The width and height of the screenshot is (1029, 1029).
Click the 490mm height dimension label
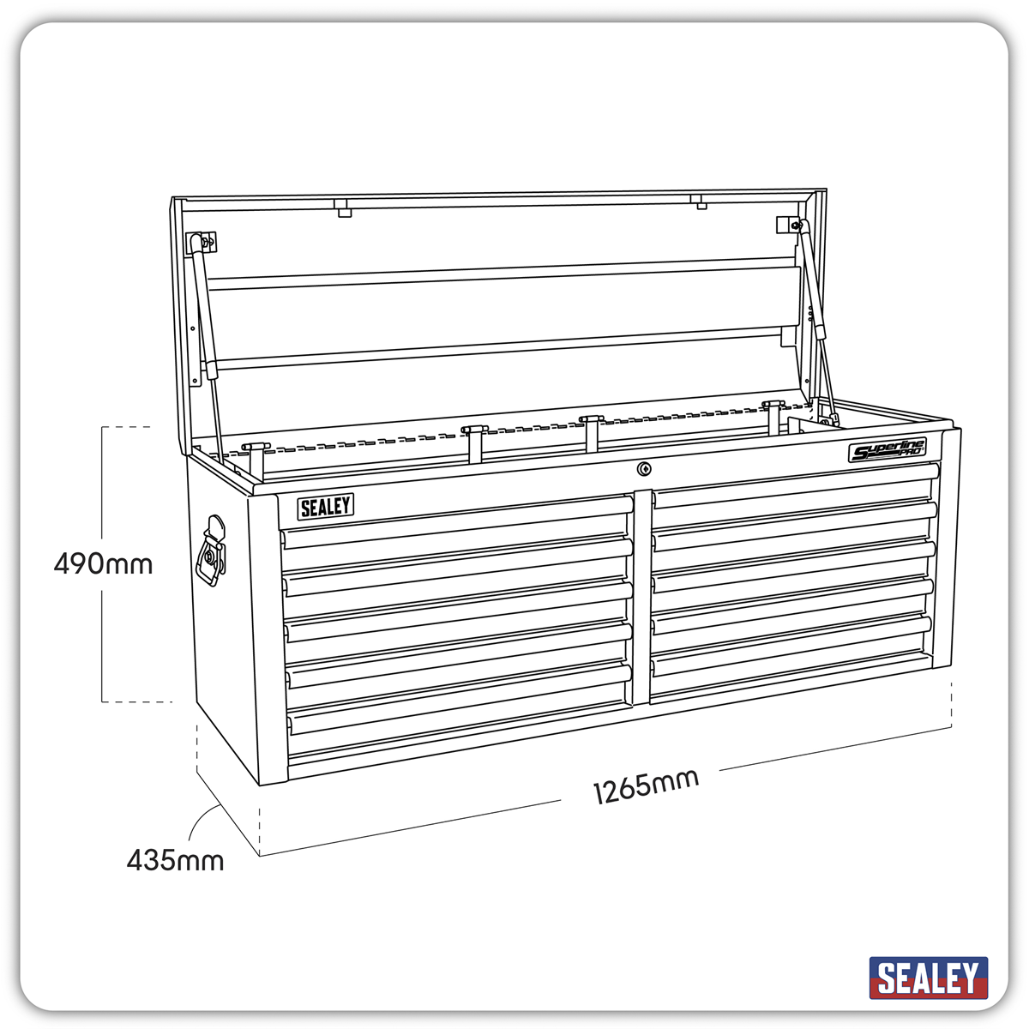coord(103,564)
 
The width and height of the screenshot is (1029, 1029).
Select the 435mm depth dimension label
coord(175,859)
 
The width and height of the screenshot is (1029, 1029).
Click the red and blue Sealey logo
coord(928,978)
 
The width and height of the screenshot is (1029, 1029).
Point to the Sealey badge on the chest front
coord(326,507)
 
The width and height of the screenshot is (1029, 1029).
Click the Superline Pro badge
coord(888,451)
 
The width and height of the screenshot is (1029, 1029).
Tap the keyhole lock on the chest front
coord(644,468)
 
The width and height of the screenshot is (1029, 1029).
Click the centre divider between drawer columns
coord(641,600)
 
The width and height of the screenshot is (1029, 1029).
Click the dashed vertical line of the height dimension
coord(103,635)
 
